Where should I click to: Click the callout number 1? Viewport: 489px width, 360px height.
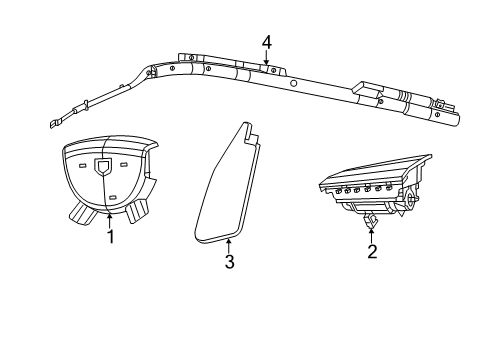(x=110, y=237)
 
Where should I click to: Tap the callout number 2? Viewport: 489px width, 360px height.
(x=372, y=251)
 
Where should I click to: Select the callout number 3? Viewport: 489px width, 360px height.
(x=229, y=262)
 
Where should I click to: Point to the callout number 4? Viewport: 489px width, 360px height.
(x=267, y=42)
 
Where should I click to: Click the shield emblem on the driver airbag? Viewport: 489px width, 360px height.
(x=104, y=168)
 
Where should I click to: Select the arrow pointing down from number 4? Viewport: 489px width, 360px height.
(x=267, y=59)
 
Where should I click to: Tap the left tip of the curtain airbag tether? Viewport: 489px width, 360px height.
(x=50, y=125)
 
